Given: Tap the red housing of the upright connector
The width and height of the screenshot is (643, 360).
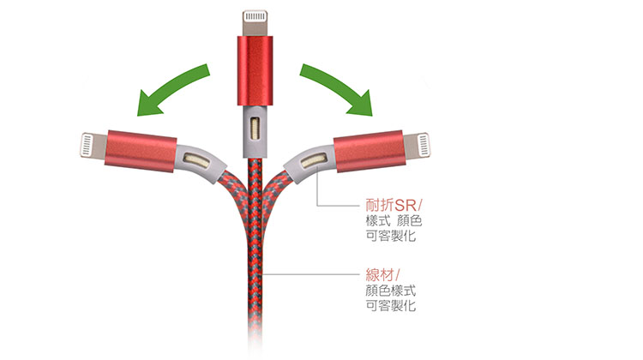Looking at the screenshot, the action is tap(255, 70).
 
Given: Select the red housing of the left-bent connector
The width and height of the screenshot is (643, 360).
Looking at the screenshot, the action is tap(141, 151).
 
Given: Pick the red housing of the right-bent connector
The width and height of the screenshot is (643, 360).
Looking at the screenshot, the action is tap(370, 151).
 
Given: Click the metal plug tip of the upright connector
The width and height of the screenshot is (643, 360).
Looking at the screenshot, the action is tap(255, 23).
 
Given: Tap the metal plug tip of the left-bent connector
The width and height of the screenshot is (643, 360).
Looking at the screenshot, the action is tap(93, 145).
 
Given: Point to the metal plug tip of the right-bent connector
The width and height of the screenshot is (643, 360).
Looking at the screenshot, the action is tap(417, 145).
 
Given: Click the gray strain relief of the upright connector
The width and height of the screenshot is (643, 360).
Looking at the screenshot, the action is tap(255, 131).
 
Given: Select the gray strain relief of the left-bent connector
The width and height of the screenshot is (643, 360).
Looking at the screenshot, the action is tap(200, 161).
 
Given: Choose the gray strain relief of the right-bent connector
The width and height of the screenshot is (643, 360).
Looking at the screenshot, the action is tap(309, 161).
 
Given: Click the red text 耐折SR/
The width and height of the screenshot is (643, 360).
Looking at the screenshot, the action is tap(394, 205).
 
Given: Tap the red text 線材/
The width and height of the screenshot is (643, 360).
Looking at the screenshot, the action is tap(382, 274).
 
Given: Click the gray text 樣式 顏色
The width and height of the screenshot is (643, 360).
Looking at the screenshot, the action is tap(394, 220).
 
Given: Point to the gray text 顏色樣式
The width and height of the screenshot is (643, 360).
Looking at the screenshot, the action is tap(390, 291).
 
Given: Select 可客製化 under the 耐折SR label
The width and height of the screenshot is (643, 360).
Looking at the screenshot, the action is tap(390, 236).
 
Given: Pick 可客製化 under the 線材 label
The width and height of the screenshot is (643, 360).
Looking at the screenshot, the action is tap(390, 305).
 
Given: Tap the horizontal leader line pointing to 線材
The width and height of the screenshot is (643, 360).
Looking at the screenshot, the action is tap(312, 274).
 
